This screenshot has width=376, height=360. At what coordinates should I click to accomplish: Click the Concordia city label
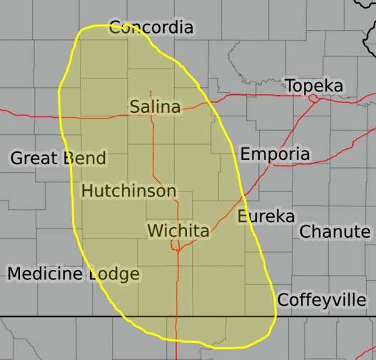[151, 28]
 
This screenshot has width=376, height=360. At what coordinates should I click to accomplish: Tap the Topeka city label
[314, 86]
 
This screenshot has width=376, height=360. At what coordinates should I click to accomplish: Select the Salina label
[155, 106]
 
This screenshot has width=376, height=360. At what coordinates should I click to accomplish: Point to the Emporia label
[275, 154]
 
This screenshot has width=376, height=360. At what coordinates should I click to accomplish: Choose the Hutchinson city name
[128, 191]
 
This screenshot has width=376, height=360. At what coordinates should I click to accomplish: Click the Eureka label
[265, 216]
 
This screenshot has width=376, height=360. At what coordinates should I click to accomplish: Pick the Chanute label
[335, 231]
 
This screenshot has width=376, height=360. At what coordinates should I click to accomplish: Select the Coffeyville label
[321, 300]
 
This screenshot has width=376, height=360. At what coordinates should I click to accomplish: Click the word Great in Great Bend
[32, 158]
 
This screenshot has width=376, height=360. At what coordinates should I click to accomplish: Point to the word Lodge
[114, 274]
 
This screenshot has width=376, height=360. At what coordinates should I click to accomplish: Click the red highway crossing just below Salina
[151, 116]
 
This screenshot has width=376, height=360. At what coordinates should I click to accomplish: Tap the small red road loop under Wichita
[175, 246]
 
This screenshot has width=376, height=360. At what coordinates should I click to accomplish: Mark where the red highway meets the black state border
[177, 316]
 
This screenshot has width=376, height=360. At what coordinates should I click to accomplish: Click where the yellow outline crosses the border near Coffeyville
[275, 316]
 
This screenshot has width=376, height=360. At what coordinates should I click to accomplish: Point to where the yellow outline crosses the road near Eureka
[244, 194]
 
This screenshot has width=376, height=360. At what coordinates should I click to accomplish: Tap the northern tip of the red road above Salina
[151, 91]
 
